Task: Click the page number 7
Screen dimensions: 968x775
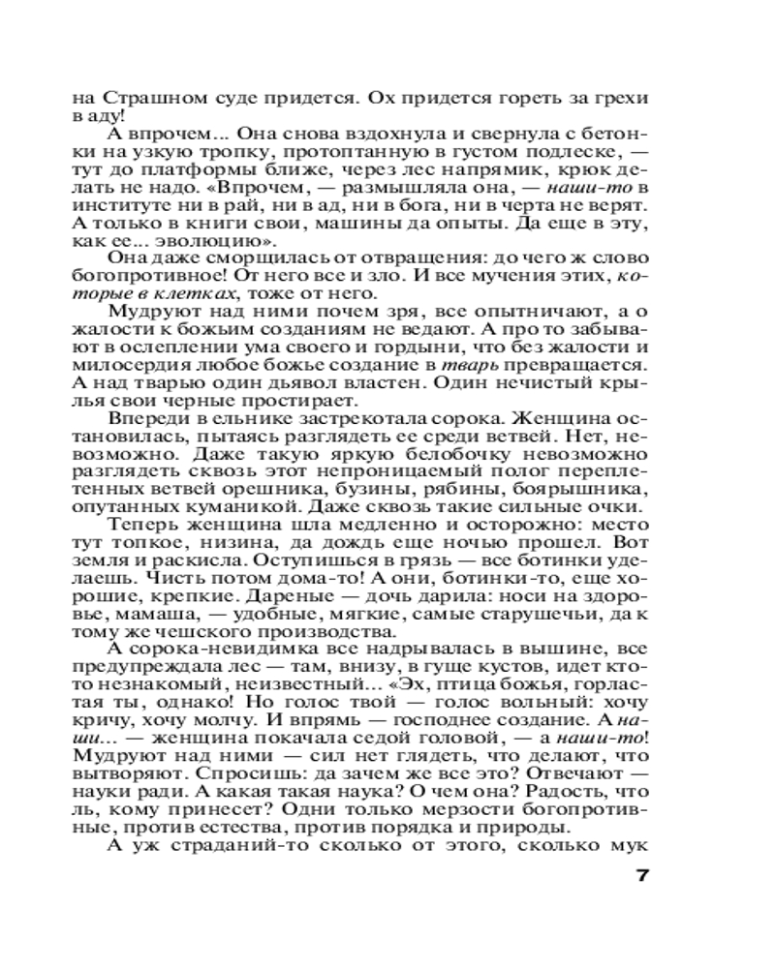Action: coord(640,877)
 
